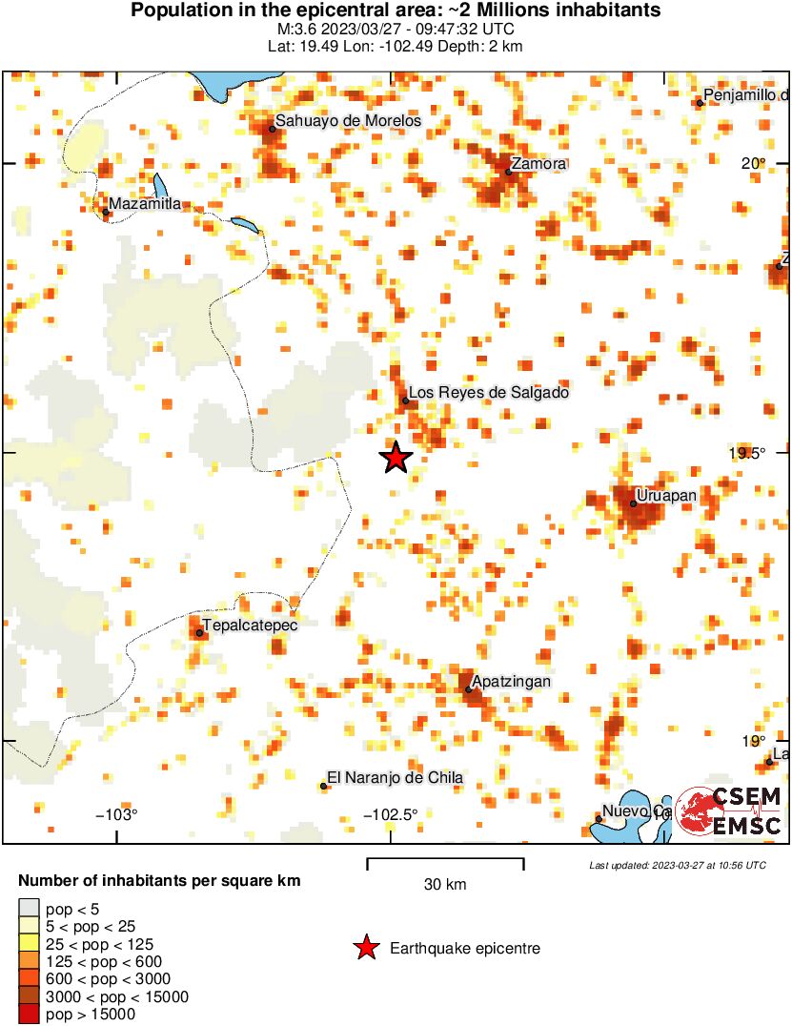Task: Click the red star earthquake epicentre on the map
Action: click(x=396, y=458)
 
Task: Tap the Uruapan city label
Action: click(x=666, y=496)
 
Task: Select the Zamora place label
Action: click(x=538, y=163)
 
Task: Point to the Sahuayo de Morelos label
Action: click(x=348, y=121)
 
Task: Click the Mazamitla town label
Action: click(x=145, y=204)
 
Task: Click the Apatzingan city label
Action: click(x=511, y=681)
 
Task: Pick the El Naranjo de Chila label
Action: click(x=395, y=778)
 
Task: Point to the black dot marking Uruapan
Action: click(x=633, y=503)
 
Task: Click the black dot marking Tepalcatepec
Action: click(x=199, y=632)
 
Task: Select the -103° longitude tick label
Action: click(x=116, y=814)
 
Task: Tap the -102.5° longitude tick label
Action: click(x=392, y=814)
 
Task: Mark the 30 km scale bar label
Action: click(x=445, y=885)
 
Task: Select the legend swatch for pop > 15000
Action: click(x=30, y=1015)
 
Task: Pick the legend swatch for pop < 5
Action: click(x=30, y=908)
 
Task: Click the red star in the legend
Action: click(x=365, y=948)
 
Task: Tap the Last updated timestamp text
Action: click(x=677, y=865)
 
